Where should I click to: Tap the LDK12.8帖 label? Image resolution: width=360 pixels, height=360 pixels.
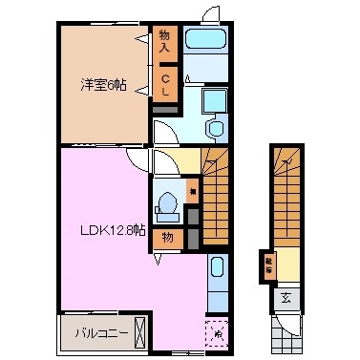pos(113,229)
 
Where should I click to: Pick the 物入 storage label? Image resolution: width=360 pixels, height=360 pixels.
pos(164,40)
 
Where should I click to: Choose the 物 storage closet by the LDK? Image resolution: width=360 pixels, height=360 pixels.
pos(167,237)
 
